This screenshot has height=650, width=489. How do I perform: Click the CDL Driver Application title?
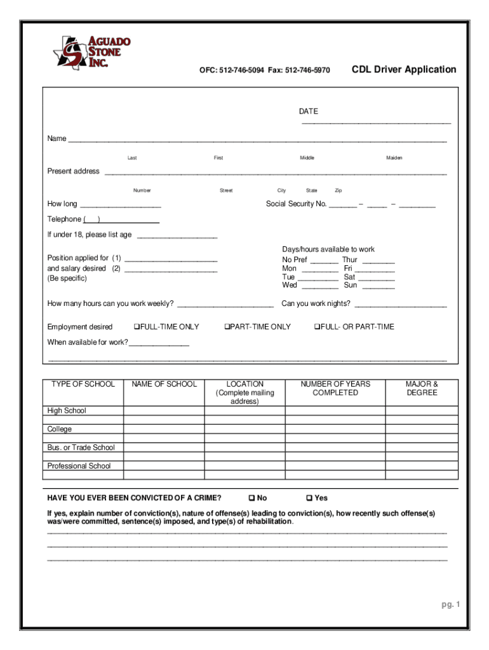(x=403, y=69)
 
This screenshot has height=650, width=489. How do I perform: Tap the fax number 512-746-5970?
(x=307, y=70)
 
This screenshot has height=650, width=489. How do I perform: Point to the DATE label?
(x=309, y=112)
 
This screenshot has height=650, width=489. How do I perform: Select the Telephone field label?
(x=64, y=219)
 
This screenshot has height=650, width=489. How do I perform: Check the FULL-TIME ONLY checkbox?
(x=137, y=327)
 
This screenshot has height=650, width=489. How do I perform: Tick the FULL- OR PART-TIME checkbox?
(x=317, y=327)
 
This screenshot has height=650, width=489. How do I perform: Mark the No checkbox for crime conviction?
(x=252, y=498)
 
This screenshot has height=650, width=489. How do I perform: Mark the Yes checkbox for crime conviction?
(x=310, y=498)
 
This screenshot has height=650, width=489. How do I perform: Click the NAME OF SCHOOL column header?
(x=164, y=384)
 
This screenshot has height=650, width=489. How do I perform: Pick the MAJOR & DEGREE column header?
(x=422, y=388)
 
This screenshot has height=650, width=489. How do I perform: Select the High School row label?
(x=67, y=411)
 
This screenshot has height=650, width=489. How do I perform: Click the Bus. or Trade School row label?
(x=81, y=448)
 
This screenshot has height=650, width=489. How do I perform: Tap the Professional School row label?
(x=79, y=466)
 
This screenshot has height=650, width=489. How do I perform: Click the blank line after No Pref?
(x=325, y=261)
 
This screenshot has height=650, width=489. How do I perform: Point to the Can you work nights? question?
(x=316, y=303)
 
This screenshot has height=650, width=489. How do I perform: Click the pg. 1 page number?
(x=450, y=604)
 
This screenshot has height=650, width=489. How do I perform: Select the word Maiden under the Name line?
(x=394, y=158)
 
